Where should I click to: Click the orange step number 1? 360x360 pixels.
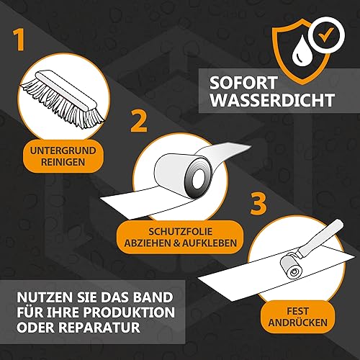coord(19,40)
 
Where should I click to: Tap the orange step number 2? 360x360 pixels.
coord(139,121)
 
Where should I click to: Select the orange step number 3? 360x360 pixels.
coord(258,204)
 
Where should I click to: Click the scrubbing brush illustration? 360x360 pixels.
coord(63,99)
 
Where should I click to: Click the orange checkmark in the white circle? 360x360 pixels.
coord(325,35)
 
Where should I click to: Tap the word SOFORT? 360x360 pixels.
coord(243,83)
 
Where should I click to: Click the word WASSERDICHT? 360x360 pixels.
coord(272,100)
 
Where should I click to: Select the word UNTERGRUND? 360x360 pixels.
coord(63,150)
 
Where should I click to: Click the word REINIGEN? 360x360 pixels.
coord(63,162)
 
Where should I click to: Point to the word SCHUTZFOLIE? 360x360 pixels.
coord(180,232)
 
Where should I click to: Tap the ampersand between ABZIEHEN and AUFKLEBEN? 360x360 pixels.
coord(176,243)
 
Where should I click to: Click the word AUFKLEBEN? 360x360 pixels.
coord(210,243)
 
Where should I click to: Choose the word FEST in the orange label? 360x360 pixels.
coord(297,311)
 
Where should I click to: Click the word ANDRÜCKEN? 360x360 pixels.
coord(297,323)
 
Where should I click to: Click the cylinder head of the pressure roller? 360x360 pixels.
coord(292,266)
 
